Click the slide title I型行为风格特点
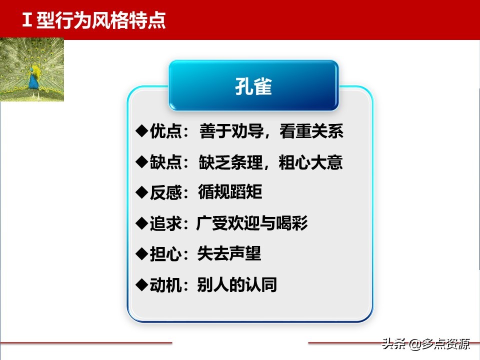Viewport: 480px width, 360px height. [94, 21]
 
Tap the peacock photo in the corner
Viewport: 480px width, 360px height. [32, 70]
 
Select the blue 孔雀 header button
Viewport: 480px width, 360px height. [253, 85]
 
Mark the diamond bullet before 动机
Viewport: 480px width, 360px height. [141, 284]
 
